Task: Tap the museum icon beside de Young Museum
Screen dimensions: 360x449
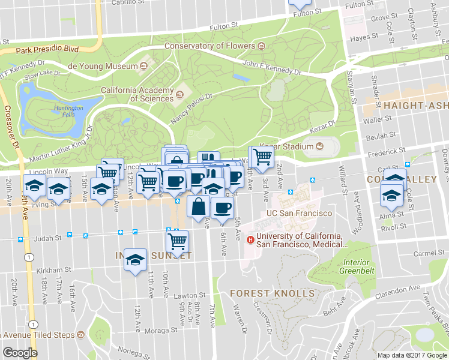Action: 143,65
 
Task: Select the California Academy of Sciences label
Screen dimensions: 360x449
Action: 137,94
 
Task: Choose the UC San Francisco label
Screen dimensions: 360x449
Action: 300,214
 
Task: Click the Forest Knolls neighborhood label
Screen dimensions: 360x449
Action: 273,293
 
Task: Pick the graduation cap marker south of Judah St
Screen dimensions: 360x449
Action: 136,260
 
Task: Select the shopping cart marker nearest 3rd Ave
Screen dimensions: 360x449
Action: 261,156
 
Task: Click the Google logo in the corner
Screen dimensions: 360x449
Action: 20,353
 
